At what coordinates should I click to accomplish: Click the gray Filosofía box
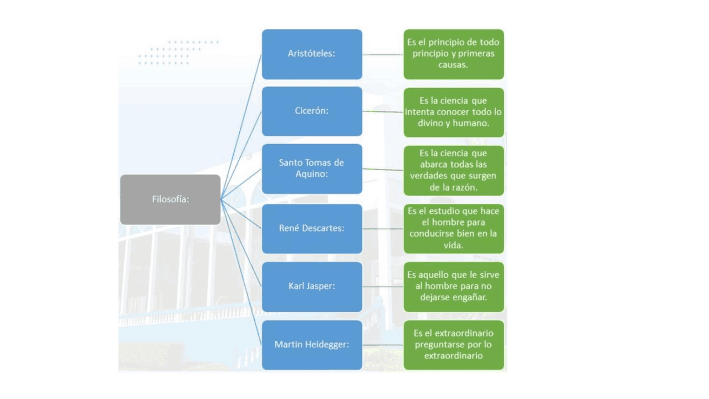click(170, 199)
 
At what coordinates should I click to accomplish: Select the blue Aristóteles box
click(312, 54)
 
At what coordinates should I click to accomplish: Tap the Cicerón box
click(312, 111)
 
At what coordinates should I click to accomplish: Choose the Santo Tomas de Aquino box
click(312, 169)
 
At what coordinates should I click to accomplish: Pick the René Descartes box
click(312, 229)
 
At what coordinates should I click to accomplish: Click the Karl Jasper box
click(312, 287)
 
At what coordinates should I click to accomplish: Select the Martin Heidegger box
click(312, 345)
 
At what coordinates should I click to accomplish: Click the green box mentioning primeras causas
click(454, 54)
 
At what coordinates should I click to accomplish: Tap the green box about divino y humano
click(454, 112)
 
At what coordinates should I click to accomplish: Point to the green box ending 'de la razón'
click(454, 170)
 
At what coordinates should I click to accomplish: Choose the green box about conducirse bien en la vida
click(454, 229)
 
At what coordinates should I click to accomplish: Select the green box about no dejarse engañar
click(454, 287)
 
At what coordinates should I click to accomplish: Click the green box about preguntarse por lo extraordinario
click(454, 345)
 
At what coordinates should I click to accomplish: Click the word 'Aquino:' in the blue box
click(311, 174)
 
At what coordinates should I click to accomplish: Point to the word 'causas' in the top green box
click(453, 65)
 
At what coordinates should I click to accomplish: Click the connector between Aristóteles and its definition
click(383, 54)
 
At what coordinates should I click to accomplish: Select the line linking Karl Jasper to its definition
click(383, 287)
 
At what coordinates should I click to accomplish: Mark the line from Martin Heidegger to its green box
click(383, 345)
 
